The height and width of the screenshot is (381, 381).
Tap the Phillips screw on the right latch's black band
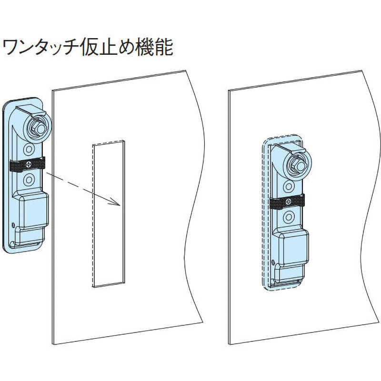[287, 202]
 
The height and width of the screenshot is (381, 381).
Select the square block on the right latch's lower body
[292, 247]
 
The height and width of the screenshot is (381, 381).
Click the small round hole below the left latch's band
[29, 180]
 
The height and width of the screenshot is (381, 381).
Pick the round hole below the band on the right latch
[288, 218]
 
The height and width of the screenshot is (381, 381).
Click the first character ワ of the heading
[12, 48]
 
